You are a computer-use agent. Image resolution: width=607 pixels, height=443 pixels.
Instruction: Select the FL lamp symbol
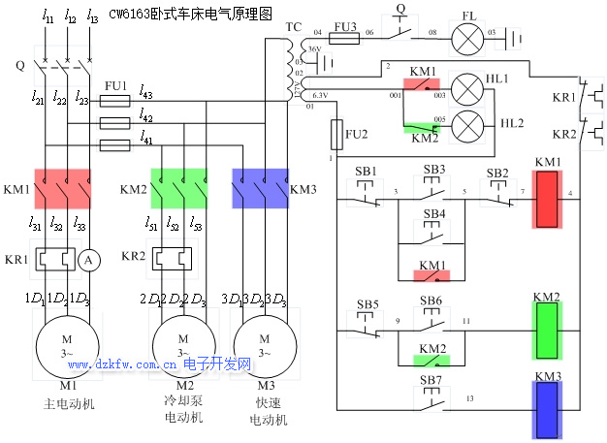[470, 38]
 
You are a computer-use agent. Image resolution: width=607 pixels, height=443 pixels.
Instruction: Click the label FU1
[114, 87]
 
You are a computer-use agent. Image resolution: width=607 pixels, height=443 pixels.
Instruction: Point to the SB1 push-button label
[366, 171]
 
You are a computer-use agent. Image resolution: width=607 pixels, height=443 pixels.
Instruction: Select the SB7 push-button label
[431, 379]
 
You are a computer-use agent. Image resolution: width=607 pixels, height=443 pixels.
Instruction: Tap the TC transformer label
[294, 27]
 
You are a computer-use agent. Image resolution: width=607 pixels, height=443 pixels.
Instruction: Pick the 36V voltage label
[313, 48]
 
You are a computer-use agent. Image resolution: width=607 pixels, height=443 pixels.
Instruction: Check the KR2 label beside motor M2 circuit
[133, 257]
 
